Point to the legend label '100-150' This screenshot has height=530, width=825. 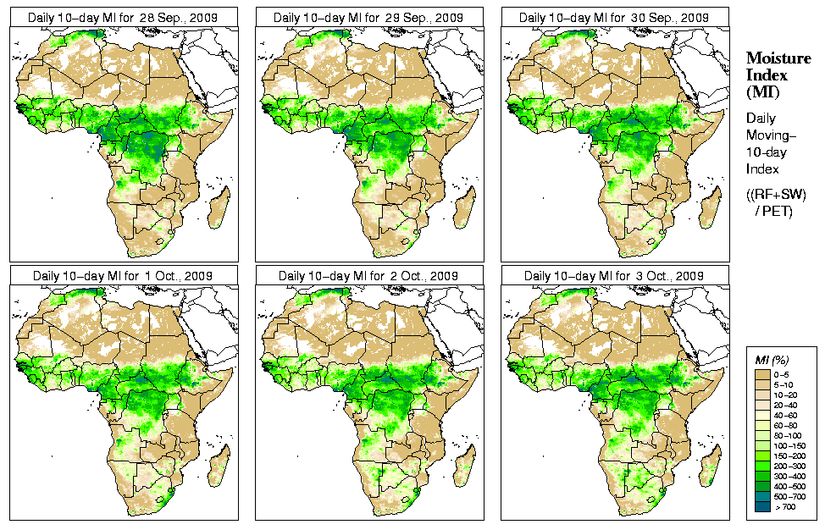[x=786, y=444]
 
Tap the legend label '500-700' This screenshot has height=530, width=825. [x=786, y=495]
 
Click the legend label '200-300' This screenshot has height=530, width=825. [x=786, y=465]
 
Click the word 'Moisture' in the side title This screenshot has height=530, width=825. [x=777, y=58]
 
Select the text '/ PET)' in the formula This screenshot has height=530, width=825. [x=774, y=210]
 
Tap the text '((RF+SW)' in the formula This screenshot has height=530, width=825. [x=776, y=195]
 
